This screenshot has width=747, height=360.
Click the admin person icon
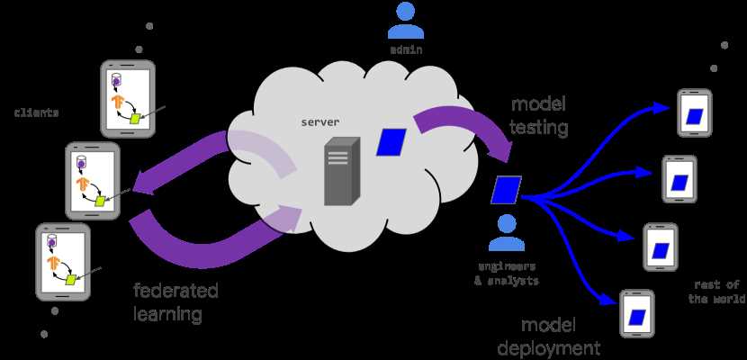405,22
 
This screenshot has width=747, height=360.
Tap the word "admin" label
406,50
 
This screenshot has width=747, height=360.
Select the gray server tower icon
342,171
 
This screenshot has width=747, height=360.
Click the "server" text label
320,121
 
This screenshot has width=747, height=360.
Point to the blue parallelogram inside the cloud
391,142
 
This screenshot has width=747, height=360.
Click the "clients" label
37,113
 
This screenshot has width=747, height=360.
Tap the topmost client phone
128,98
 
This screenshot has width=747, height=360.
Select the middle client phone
93,181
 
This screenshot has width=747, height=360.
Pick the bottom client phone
63,262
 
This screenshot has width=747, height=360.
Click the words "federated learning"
175,302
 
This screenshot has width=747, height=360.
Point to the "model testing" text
539,116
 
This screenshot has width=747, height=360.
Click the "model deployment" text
548,337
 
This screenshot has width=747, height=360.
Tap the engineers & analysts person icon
506,233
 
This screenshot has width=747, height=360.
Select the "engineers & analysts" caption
506,274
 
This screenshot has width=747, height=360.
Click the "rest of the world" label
716,292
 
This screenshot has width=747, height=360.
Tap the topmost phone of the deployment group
695,113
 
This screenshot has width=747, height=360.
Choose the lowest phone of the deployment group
637,314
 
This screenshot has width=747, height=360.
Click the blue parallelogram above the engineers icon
507,190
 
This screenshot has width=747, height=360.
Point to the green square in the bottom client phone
71,280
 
